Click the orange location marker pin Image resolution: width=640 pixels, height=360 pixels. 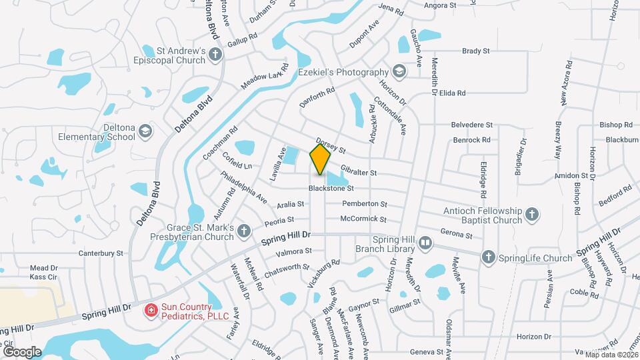coord(321,159)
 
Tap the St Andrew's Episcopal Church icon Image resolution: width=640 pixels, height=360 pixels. coord(215,55)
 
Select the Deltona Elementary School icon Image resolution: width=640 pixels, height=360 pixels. coord(145,132)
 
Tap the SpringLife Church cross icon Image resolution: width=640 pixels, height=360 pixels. coord(488,257)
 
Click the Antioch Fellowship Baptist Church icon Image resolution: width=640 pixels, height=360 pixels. coord(531,215)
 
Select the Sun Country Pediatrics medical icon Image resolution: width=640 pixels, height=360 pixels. coord(151,310)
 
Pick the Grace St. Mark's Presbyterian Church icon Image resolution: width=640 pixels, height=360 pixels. coord(244,231)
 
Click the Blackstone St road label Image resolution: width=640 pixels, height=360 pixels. coord(331,189)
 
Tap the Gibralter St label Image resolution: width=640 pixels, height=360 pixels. coord(359,172)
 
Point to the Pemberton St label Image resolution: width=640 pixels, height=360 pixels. coord(364,203)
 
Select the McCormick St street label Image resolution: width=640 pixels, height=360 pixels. coord(363,219)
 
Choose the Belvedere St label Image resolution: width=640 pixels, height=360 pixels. coord(472,125)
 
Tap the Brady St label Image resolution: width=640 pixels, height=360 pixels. coord(476,51)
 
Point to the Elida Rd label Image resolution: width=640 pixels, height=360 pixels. coord(451,93)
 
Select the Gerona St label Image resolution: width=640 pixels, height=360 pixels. coord(457,235)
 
